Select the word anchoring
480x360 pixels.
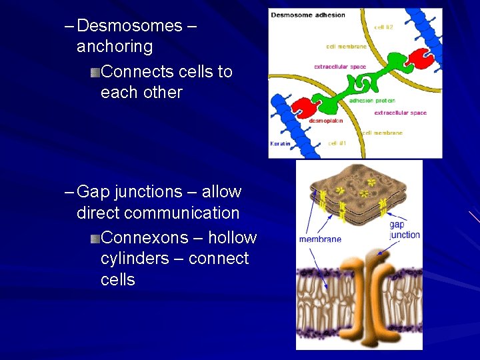coord(115,47)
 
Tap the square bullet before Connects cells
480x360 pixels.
coord(95,72)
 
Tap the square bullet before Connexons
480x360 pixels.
coord(95,238)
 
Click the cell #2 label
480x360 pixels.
coord(383,27)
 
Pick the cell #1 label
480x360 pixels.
coord(337,143)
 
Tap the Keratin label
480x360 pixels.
coord(280,143)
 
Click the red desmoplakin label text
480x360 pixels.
coord(326,121)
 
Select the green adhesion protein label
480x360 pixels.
coord(371,101)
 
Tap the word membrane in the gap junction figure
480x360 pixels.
coord(320,239)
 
